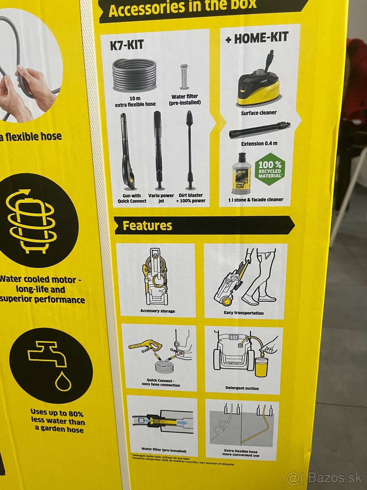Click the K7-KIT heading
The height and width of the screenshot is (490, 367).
click(127, 45)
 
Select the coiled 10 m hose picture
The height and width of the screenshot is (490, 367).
click(135, 75)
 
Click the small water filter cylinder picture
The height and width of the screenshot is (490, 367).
click(184, 76)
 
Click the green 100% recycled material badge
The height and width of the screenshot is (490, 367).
click(270, 169)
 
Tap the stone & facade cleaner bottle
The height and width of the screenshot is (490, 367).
click(241, 174)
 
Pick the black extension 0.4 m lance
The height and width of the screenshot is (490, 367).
click(259, 130)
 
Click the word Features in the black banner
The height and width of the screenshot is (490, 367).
click(147, 225)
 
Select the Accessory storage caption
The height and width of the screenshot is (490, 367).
click(157, 311)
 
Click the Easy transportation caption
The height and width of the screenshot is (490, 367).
click(243, 313)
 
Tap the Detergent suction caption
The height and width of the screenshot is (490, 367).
click(242, 388)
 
